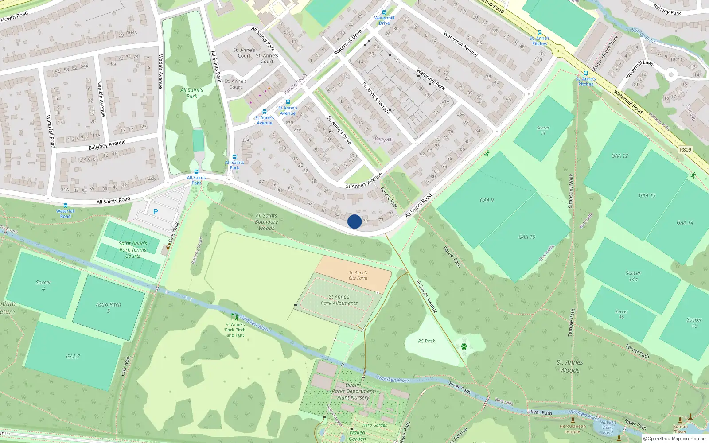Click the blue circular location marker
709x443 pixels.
(x=354, y=221)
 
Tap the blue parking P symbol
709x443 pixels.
(x=156, y=212)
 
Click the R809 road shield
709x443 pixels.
(x=685, y=150)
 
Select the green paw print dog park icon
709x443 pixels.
(x=464, y=346)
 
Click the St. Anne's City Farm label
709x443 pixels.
(x=358, y=276)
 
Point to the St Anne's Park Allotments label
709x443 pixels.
(x=339, y=300)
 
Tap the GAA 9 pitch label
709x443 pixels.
(x=487, y=200)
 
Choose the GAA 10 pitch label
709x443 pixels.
(x=527, y=237)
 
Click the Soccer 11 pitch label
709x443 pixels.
(x=543, y=130)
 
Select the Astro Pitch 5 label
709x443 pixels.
(x=109, y=307)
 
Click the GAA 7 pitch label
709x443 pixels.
(x=73, y=356)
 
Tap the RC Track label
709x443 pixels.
(x=426, y=341)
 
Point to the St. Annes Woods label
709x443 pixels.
(x=570, y=366)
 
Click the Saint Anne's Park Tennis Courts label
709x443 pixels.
(x=132, y=249)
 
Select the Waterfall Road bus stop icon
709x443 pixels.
(x=66, y=206)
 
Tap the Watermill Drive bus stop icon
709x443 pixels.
(x=384, y=12)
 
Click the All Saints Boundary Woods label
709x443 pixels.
(x=266, y=222)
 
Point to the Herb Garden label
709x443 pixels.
(x=375, y=425)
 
